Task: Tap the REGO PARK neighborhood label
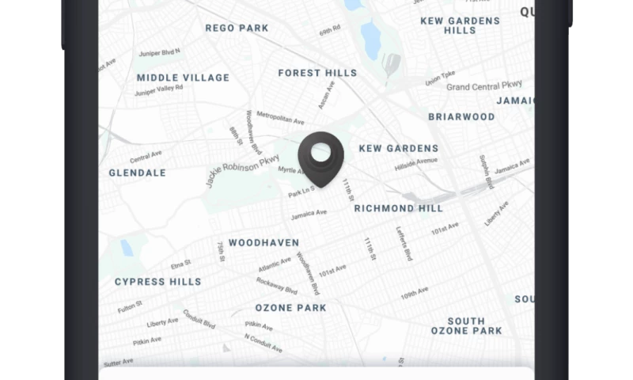pos(237,28)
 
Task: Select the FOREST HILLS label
pos(317,73)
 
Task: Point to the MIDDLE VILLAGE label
pos(183,78)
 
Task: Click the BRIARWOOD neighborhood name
pos(461,116)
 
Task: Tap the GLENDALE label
pos(137,173)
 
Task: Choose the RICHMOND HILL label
pos(398,208)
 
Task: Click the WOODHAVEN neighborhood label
pos(263,242)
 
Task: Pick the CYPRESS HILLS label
pos(157,281)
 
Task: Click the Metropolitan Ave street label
pos(280,119)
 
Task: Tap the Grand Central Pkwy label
pos(484,85)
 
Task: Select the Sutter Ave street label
pos(118,363)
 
